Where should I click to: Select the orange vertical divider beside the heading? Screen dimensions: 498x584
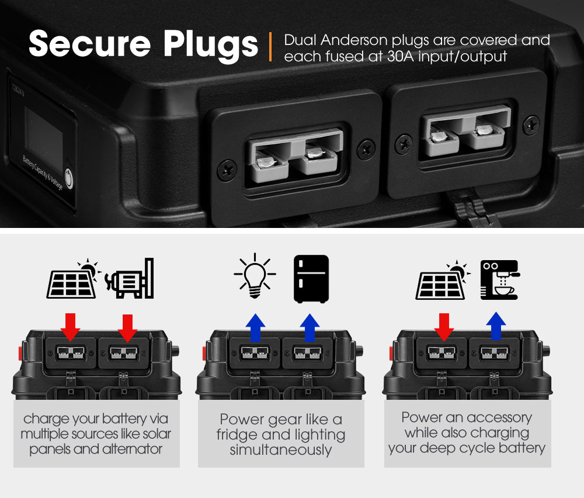270,47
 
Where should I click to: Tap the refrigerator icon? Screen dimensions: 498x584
311,278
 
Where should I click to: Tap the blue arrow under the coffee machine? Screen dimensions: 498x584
495,326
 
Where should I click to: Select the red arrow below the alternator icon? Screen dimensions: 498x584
127,327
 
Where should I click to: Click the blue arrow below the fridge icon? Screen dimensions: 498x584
309,327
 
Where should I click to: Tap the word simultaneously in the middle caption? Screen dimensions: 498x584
280,450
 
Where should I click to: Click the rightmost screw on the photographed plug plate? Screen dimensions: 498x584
530,125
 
